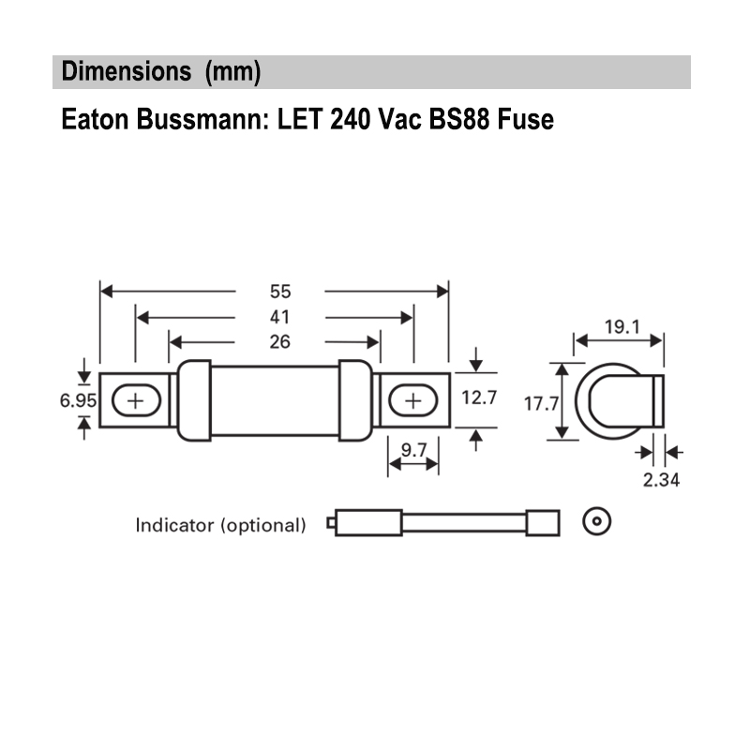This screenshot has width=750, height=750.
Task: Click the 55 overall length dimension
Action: pyautogui.click(x=279, y=292)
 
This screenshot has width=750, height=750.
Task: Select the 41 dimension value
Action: pyautogui.click(x=279, y=318)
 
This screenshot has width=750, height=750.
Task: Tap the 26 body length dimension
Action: pyautogui.click(x=279, y=343)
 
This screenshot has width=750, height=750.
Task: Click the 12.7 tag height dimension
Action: pyautogui.click(x=479, y=398)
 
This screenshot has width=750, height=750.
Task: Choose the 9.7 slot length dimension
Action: pyautogui.click(x=413, y=451)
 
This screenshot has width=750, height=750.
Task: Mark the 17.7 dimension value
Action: pyautogui.click(x=541, y=404)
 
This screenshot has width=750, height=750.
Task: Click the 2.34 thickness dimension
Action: pyautogui.click(x=661, y=480)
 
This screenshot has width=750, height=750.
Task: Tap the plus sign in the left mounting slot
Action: pyautogui.click(x=136, y=401)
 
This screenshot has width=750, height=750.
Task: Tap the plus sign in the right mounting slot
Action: pyautogui.click(x=412, y=401)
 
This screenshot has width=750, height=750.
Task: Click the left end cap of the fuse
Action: pyautogui.click(x=194, y=400)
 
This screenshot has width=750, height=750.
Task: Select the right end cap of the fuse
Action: pyautogui.click(x=355, y=400)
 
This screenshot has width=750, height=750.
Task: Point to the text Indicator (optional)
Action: pyautogui.click(x=221, y=525)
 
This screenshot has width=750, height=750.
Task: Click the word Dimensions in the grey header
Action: pyautogui.click(x=121, y=72)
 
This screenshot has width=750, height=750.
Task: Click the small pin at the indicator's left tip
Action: pyautogui.click(x=331, y=523)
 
